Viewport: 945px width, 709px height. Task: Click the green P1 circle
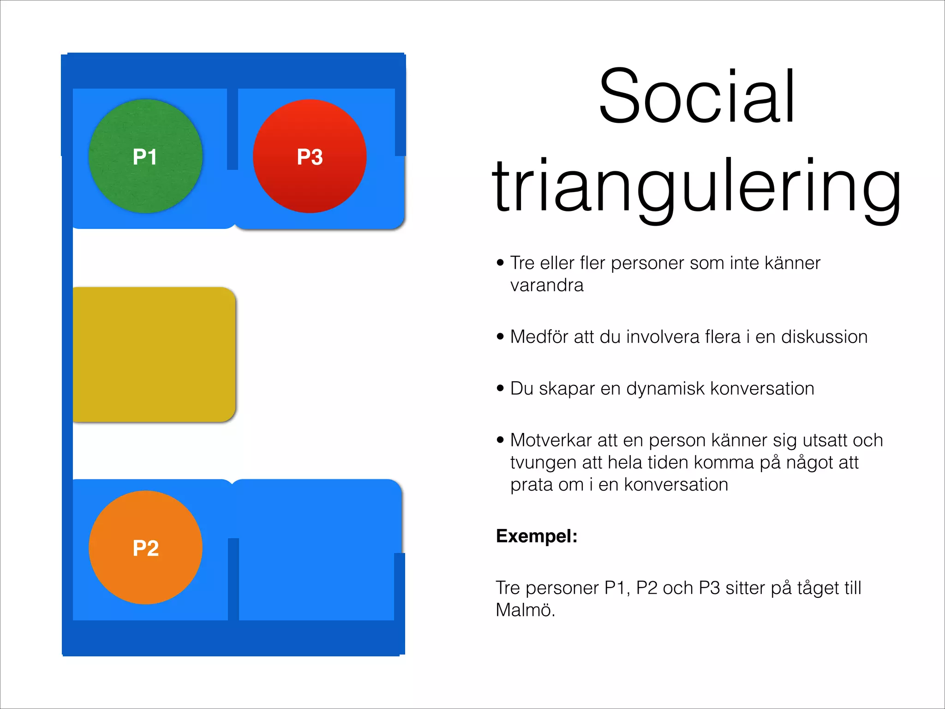(145, 156)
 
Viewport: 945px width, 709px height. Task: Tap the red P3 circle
(310, 156)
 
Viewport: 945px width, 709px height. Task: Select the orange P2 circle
(145, 547)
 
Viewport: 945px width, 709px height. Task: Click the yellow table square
(154, 354)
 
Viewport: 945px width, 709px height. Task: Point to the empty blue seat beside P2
(317, 554)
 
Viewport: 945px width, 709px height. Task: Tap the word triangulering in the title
(697, 187)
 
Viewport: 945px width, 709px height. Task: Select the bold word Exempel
(537, 536)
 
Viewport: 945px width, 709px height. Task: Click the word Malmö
(525, 610)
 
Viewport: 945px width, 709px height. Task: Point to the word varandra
(547, 285)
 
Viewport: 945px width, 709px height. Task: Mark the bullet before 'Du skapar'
(501, 389)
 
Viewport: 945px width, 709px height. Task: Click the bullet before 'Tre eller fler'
(501, 263)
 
